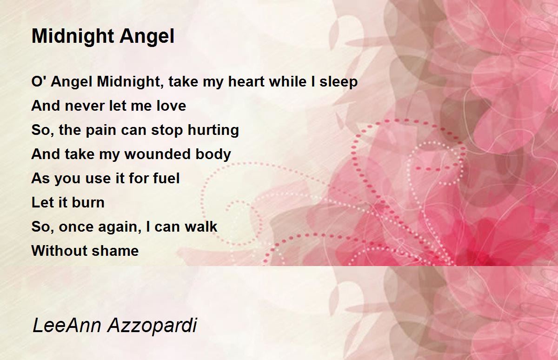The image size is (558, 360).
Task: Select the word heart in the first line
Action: [x=246, y=81]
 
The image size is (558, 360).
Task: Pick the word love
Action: [x=171, y=106]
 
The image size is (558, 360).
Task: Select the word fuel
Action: [x=166, y=178]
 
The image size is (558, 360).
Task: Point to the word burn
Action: [x=88, y=202]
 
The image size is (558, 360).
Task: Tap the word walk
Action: [x=201, y=227]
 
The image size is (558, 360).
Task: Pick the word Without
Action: [x=60, y=251]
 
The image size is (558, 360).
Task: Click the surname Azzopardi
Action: [x=152, y=326]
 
